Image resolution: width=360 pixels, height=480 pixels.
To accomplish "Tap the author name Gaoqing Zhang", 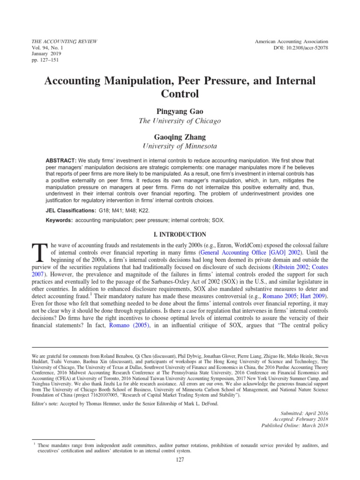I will coord(180,138).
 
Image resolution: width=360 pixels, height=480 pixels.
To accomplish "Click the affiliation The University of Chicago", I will coord(180,121).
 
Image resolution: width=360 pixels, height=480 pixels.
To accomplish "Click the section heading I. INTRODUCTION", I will coord(180,234).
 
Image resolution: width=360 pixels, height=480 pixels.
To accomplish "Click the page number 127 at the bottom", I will coord(180,460).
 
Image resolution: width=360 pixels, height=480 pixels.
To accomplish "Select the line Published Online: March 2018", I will coord(294,425).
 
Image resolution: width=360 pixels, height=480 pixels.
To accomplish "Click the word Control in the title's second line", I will coord(180,93).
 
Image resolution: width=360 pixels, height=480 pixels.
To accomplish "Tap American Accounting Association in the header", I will coord(291,41).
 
